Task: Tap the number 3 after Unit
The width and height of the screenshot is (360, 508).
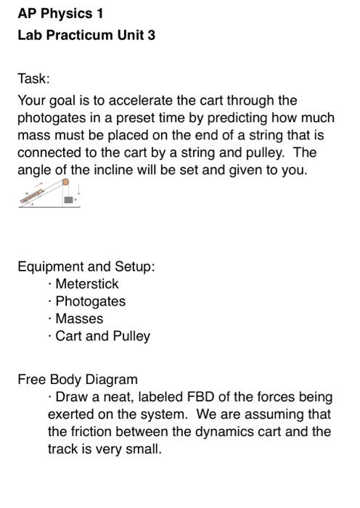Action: click(152, 36)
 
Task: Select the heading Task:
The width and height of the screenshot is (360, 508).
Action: click(33, 78)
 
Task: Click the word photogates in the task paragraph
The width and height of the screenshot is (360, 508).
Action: click(55, 118)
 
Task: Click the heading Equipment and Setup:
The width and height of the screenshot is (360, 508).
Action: click(86, 266)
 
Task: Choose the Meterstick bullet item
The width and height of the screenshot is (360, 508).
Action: click(86, 284)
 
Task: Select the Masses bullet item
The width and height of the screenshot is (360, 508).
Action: click(79, 319)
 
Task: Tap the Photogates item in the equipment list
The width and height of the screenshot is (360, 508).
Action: click(90, 301)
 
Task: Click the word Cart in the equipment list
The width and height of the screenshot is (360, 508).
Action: click(69, 336)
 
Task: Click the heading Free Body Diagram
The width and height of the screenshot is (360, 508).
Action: click(77, 380)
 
